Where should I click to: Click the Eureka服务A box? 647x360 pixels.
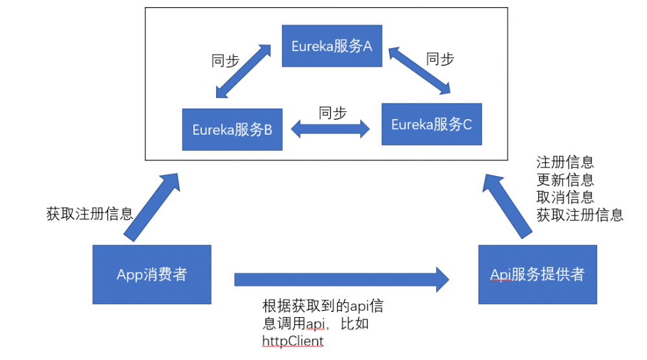point(331,46)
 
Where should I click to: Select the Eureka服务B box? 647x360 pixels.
point(232,129)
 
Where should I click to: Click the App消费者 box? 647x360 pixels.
point(152,275)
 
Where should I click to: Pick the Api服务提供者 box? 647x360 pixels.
point(537,275)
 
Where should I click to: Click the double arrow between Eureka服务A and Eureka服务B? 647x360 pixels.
point(243,72)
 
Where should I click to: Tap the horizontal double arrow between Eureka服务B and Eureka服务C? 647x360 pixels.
point(330,129)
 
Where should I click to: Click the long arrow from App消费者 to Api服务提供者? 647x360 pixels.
point(342,280)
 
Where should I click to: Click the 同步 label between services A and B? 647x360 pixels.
point(225,61)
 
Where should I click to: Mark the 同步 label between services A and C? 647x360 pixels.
point(440,59)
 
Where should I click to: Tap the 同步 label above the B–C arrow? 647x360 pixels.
point(333,113)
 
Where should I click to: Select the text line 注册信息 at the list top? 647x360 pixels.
point(565,163)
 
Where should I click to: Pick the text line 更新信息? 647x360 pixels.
point(565,180)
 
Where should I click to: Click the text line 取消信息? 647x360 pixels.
point(565,197)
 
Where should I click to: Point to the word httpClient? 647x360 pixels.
point(292,341)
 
